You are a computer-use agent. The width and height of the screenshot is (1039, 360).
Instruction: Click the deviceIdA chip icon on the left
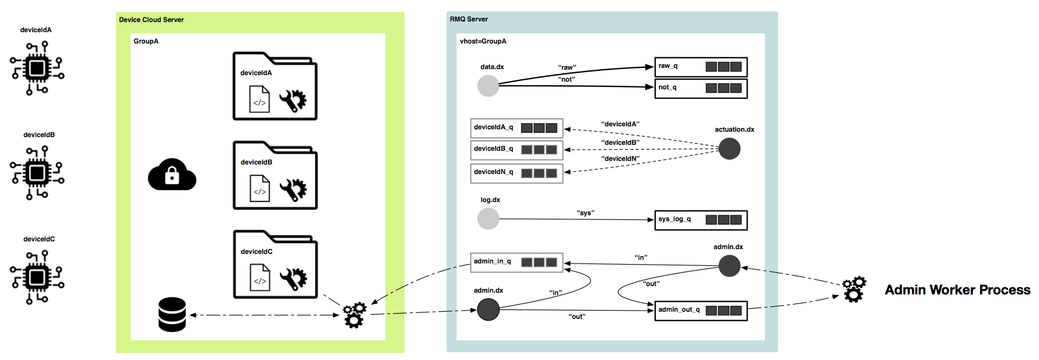(37, 68)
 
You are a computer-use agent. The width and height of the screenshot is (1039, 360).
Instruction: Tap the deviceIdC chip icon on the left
(37, 277)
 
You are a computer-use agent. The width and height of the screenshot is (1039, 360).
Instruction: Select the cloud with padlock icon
(172, 175)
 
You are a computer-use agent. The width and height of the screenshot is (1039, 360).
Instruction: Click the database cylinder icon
(172, 314)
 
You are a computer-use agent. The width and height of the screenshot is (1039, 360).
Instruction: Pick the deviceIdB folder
(275, 175)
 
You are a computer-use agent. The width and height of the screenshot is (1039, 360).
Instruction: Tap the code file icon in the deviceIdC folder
(260, 278)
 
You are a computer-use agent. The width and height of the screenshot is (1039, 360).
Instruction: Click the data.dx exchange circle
(488, 86)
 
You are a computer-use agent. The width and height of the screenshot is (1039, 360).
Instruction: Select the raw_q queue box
(701, 67)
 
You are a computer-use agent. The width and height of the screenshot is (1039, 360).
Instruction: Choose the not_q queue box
(701, 88)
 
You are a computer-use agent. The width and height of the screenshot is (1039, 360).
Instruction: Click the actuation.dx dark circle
(729, 148)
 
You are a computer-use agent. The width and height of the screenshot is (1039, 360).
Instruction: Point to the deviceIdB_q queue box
(517, 150)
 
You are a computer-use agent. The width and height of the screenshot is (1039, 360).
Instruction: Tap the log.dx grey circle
(488, 219)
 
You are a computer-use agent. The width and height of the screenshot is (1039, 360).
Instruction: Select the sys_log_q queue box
(701, 220)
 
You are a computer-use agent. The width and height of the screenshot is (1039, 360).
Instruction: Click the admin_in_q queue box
(517, 262)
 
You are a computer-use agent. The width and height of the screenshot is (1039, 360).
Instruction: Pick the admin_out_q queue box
(701, 311)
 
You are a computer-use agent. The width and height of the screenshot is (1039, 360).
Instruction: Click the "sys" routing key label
(586, 213)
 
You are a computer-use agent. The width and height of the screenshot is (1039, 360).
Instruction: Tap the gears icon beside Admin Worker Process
(854, 289)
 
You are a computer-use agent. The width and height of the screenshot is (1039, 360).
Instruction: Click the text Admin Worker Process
(957, 290)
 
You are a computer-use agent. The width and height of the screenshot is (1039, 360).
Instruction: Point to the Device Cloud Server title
(151, 20)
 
